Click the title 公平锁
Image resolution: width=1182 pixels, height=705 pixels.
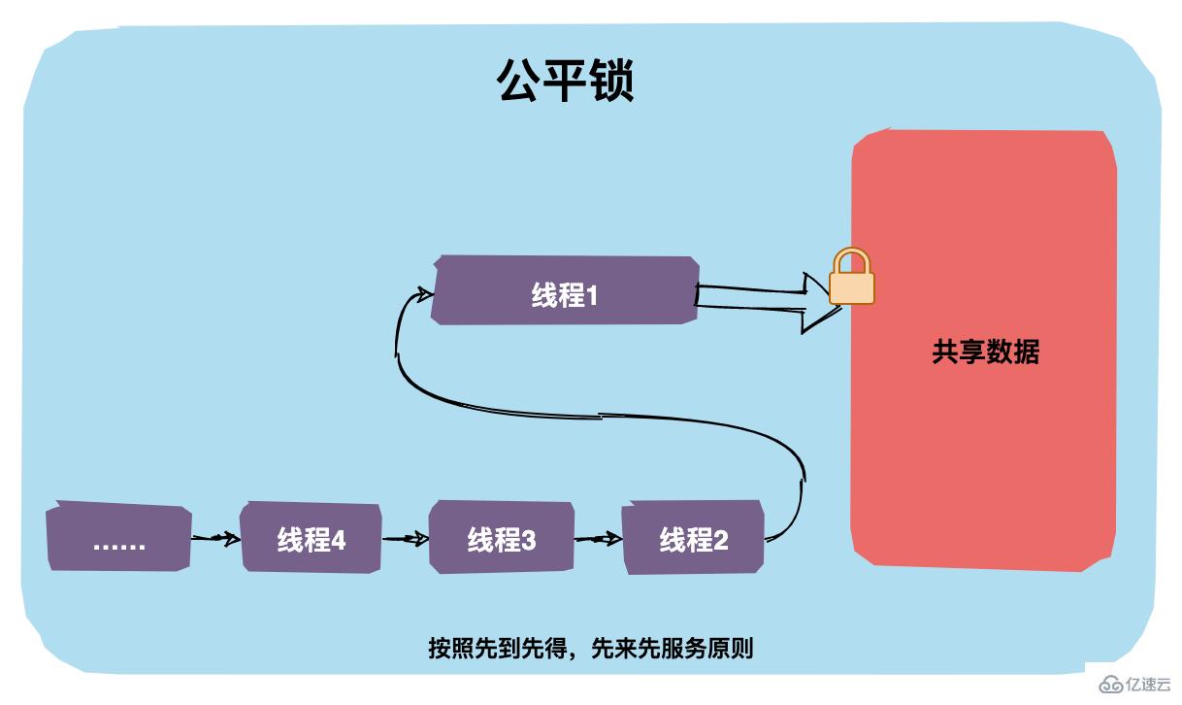tap(566, 81)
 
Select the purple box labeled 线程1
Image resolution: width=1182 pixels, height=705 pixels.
tap(565, 291)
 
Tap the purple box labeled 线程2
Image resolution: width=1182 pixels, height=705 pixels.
tap(693, 537)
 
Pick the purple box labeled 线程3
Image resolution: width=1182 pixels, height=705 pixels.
tap(501, 537)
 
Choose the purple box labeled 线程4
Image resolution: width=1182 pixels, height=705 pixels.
tap(311, 537)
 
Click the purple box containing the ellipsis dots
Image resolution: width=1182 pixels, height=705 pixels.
tap(118, 538)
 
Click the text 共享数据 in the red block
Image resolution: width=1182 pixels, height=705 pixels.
tap(985, 352)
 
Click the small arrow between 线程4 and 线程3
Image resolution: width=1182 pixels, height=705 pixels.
tap(406, 537)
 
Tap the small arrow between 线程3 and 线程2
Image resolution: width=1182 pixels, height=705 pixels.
tap(597, 537)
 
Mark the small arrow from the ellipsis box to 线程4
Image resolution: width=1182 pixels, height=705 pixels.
tap(215, 537)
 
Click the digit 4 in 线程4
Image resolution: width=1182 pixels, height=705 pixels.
tap(339, 540)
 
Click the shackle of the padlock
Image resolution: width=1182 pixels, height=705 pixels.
tap(851, 259)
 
